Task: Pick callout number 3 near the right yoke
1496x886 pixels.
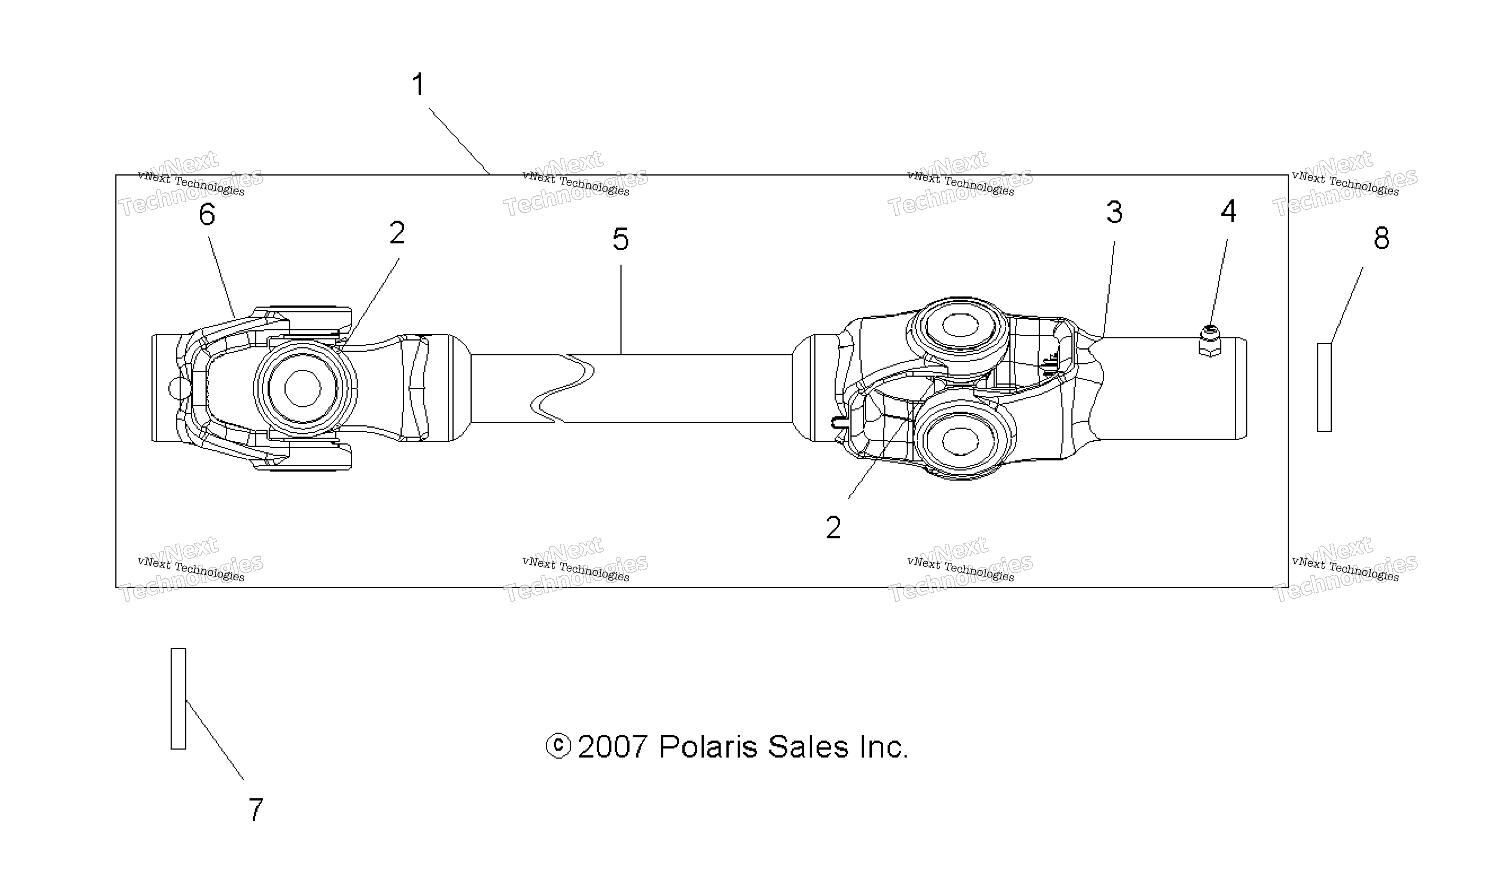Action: pos(1114,212)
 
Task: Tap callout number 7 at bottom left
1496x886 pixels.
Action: pos(256,810)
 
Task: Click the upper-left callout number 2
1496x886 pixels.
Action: pos(397,232)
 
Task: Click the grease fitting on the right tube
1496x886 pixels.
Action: pos(1209,341)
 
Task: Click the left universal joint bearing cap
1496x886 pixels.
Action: pos(305,388)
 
